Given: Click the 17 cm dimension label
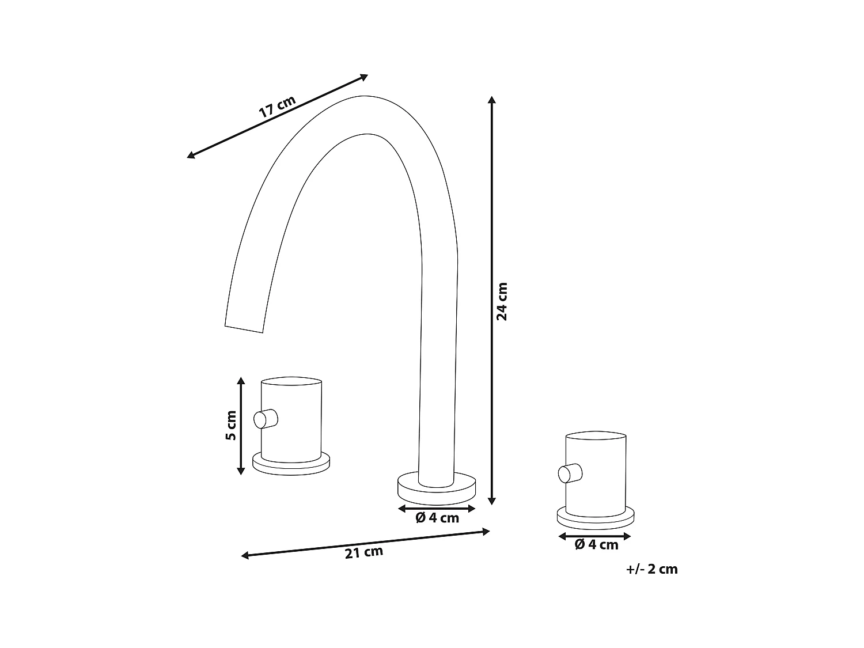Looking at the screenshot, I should (277, 107).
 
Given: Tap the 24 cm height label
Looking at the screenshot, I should (502, 301).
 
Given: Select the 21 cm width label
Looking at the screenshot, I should (363, 553).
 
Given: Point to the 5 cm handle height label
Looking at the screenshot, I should (230, 425).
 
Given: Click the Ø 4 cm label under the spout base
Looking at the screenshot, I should (437, 518).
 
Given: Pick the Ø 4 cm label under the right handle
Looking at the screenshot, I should (596, 544).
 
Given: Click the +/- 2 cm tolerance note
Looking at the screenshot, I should (651, 569).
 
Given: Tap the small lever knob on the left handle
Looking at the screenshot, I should (266, 418).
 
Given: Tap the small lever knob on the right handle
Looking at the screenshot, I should (570, 473).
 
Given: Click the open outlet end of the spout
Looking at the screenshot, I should (244, 329).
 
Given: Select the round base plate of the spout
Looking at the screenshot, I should (437, 486).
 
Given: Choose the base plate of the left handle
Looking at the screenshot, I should (291, 464).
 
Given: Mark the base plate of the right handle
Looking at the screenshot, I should (596, 517).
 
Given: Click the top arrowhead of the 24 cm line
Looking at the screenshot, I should (491, 99).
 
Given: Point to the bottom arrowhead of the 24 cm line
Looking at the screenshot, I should (491, 501).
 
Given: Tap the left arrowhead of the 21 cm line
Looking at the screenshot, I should (245, 556).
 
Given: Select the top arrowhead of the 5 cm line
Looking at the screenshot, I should (241, 381).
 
